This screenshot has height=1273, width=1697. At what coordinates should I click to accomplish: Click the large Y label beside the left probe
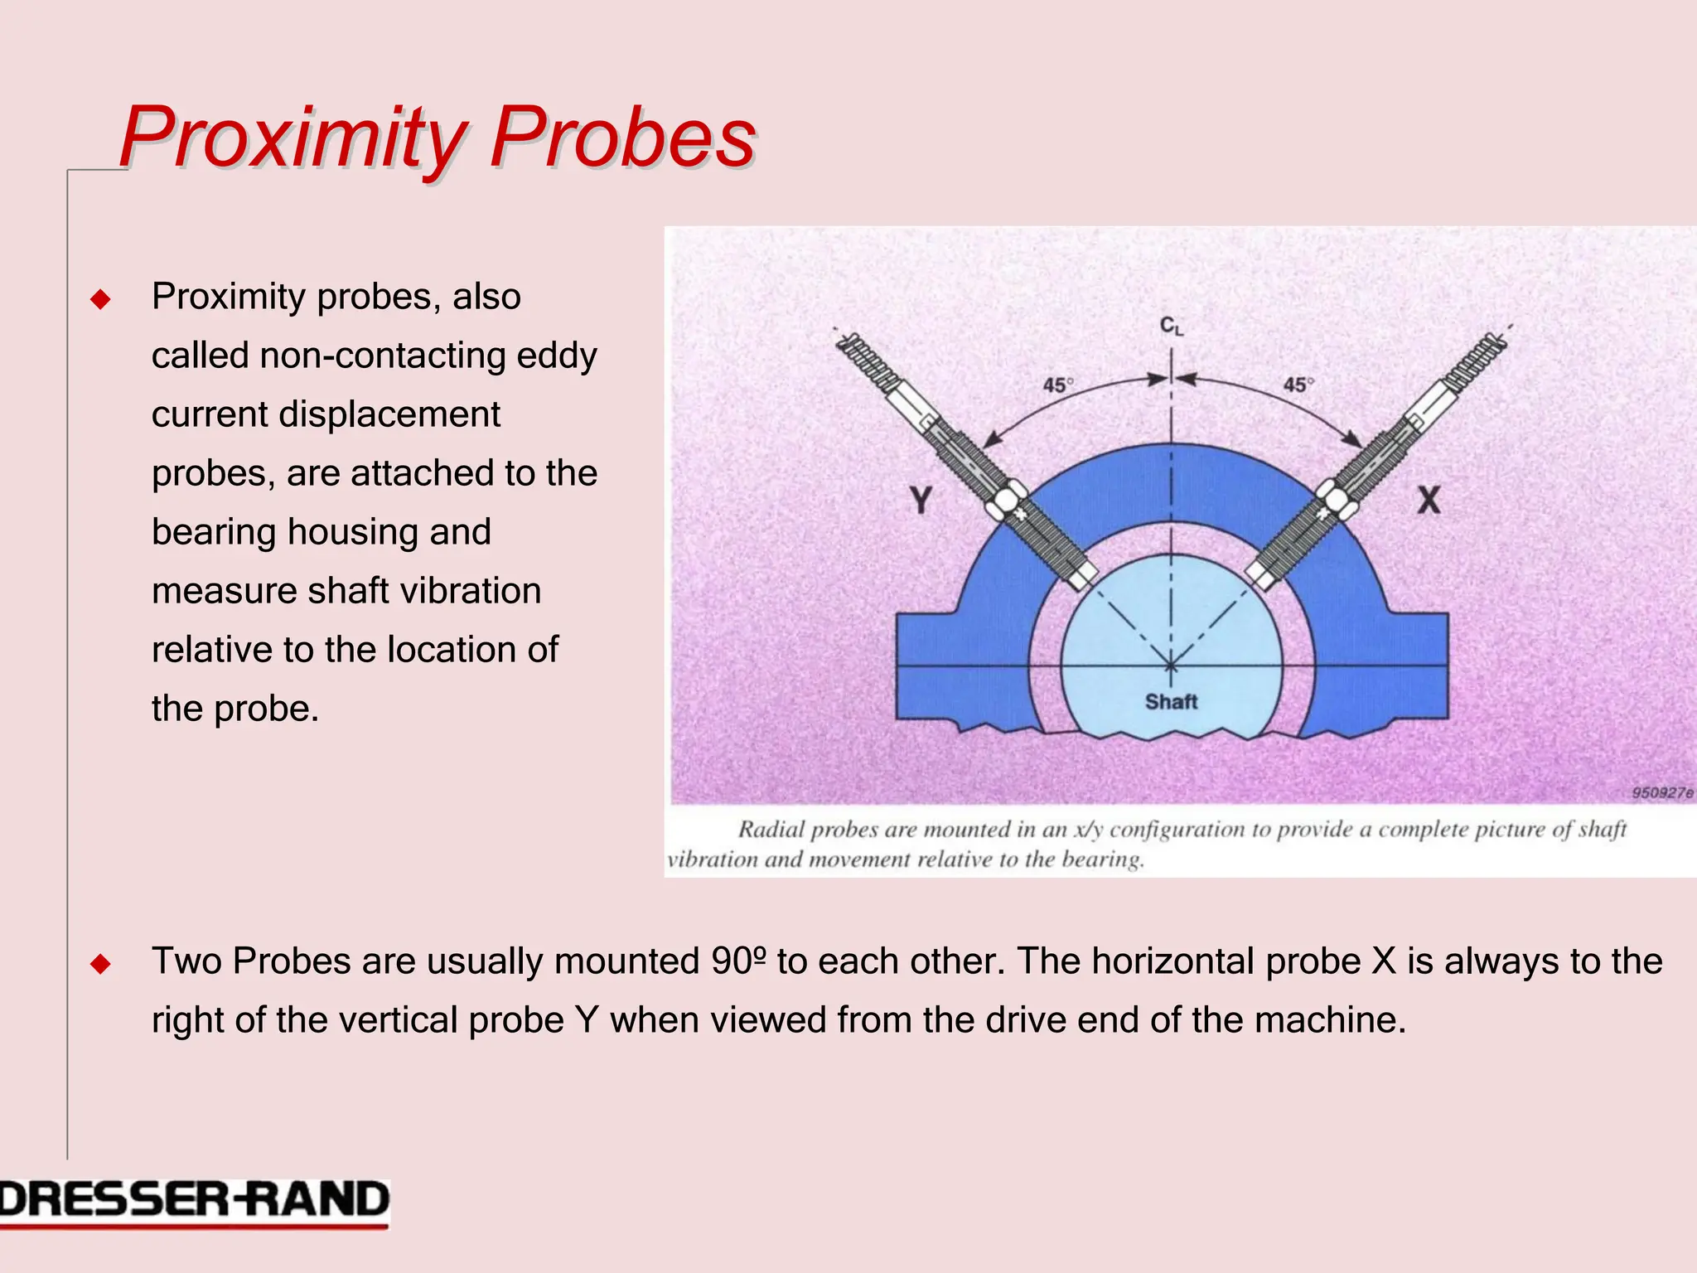921,500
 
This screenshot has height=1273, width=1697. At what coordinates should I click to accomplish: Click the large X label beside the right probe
1428,500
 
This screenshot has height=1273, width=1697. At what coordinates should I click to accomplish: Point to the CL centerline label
1171,327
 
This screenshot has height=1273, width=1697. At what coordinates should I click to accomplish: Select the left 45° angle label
1057,385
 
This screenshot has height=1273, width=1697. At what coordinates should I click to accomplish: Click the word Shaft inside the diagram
1171,702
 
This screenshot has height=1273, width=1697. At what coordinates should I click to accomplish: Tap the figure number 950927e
1661,793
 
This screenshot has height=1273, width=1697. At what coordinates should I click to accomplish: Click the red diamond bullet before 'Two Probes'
100,964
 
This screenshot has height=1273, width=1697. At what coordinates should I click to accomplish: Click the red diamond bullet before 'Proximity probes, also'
100,299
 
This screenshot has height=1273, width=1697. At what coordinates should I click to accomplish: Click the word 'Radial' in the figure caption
770,830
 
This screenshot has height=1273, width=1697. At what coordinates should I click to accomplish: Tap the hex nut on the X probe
1334,500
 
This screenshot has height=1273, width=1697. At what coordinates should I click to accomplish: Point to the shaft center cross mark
1171,666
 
